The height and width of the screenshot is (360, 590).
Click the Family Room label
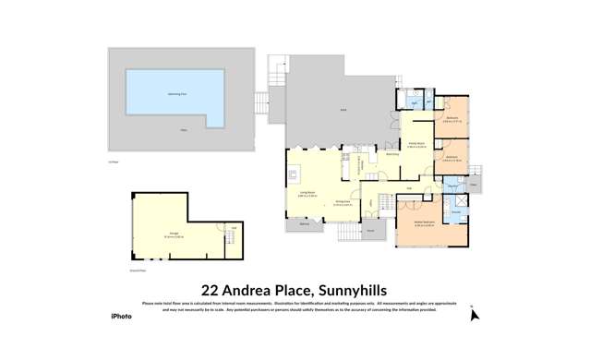click(417, 144)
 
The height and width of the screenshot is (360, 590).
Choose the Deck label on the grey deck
click(343, 109)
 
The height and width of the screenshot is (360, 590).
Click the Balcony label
click(305, 223)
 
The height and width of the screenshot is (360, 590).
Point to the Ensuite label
click(456, 212)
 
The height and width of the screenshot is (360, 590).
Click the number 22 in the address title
click(213, 288)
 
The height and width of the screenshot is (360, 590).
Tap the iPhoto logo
click(121, 317)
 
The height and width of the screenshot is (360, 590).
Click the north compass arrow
click(474, 314)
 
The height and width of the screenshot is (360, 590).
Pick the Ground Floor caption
click(137, 271)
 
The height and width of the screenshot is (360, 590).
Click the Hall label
click(409, 188)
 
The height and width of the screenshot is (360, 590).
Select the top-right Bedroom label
click(452, 118)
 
